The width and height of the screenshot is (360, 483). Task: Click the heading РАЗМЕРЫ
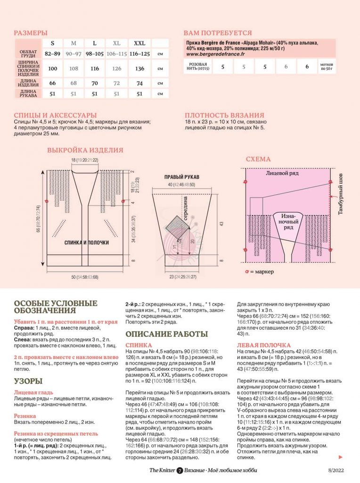[31, 33]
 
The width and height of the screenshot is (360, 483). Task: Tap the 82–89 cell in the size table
[52, 54]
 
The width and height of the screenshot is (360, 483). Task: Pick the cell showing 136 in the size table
[139, 69]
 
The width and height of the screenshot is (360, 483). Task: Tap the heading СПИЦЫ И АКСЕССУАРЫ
[55, 115]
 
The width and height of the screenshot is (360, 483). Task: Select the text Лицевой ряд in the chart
[282, 174]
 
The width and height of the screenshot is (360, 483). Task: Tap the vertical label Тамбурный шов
[341, 193]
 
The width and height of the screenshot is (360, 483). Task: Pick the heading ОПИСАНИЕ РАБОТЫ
[166, 334]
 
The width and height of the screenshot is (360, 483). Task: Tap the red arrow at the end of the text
[340, 457]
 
